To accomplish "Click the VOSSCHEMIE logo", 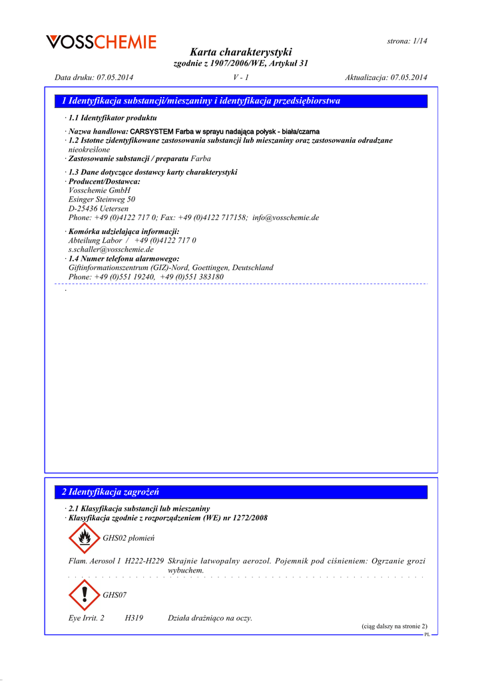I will point(101,43).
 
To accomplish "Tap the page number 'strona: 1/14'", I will point(407,41).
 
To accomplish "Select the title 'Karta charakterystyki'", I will point(240,52).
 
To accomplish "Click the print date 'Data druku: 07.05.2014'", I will point(94,78).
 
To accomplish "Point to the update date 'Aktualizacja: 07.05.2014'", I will point(386,78).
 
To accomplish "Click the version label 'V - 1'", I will point(241,78).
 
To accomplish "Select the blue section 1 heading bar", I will point(240,101).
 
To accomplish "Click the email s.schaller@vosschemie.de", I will point(111,249).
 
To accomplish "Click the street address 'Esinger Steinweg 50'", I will point(102,199).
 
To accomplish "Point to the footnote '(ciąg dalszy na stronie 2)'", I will point(394,626).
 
